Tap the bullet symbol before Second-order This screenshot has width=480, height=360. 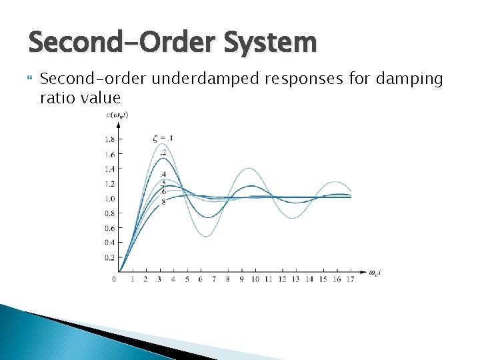click(x=28, y=79)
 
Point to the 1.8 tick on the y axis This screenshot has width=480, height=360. click(x=108, y=139)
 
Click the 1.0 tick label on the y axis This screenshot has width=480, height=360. click(x=108, y=199)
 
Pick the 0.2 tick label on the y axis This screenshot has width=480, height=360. click(x=108, y=257)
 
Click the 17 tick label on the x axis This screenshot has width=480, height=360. click(x=350, y=279)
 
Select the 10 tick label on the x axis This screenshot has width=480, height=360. click(x=255, y=279)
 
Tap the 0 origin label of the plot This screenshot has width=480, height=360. click(x=114, y=279)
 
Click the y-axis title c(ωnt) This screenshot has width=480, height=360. click(x=117, y=115)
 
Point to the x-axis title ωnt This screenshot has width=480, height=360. click(x=376, y=273)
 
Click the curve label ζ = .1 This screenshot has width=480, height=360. click(x=163, y=139)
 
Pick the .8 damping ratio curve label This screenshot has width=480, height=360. click(x=163, y=201)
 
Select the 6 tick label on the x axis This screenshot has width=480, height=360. click(x=200, y=279)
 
